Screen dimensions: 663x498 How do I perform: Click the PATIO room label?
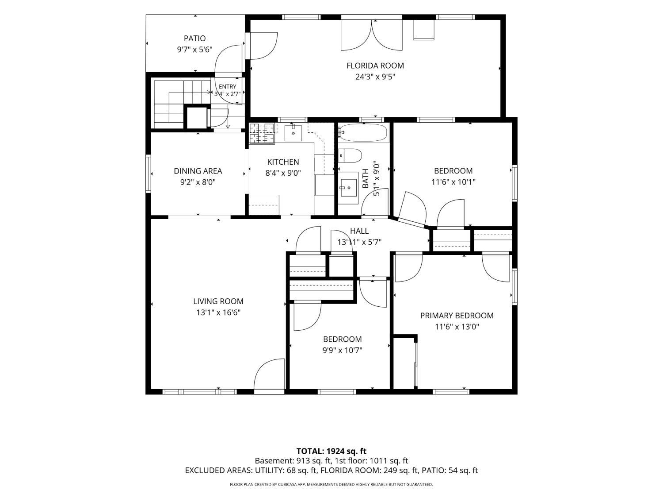point(194,39)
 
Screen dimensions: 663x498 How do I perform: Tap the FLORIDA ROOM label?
point(375,66)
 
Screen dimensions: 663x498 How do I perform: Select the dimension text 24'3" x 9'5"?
point(375,77)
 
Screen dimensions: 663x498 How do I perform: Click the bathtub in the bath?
point(362,132)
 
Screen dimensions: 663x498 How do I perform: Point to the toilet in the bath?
point(350,156)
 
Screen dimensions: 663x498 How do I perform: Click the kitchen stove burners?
point(262,133)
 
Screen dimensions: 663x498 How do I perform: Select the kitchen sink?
point(293,133)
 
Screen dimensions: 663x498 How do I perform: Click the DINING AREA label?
point(198,171)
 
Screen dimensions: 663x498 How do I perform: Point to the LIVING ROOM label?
point(218,301)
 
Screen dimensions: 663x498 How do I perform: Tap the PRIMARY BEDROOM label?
point(457,316)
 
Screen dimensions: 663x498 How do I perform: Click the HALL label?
point(359,231)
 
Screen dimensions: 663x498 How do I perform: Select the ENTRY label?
point(228,87)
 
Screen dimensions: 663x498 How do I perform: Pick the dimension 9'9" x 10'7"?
point(342,351)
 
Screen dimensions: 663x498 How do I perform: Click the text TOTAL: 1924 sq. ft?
point(331,451)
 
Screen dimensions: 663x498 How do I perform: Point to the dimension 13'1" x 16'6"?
point(218,313)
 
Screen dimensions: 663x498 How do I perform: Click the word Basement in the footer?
point(273,461)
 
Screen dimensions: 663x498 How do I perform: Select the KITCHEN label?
point(283,162)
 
